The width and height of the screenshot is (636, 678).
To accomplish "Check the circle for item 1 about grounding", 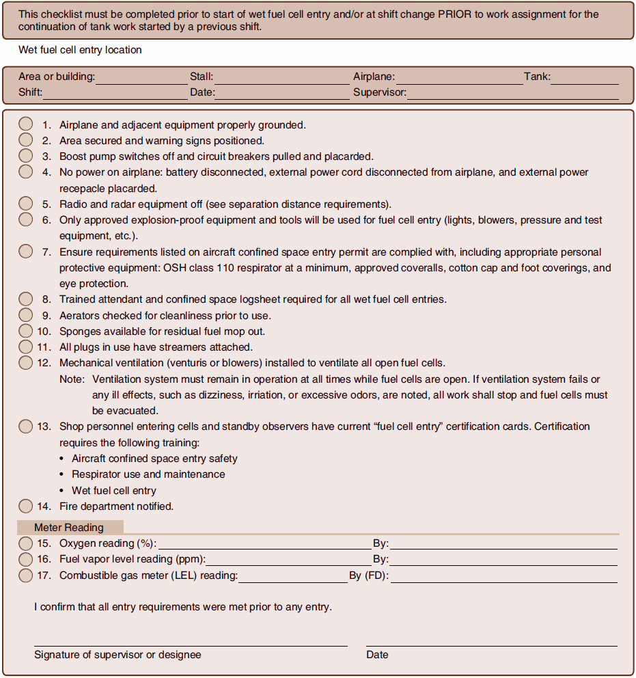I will (x=25, y=124).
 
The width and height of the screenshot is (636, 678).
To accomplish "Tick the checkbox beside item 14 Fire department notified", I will (x=25, y=506).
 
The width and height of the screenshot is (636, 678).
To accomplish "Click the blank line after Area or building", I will (x=141, y=79).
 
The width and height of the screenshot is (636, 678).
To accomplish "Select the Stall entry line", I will (x=281, y=79).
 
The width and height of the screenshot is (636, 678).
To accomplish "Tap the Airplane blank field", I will (x=458, y=79).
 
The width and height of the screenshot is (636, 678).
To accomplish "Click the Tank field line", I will (x=585, y=79).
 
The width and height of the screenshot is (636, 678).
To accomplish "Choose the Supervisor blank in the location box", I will (x=512, y=94).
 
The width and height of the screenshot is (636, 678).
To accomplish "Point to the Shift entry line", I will (x=115, y=94).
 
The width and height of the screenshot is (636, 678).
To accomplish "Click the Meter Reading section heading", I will (x=69, y=528).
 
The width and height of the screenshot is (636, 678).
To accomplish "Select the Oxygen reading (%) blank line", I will (x=264, y=545).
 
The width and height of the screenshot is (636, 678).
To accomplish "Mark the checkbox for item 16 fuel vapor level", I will (x=25, y=559).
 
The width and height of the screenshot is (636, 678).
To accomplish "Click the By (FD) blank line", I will (x=503, y=577).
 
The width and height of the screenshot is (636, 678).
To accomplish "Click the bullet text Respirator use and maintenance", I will (x=148, y=474).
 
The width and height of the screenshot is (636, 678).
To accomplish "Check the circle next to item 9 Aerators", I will (x=25, y=315).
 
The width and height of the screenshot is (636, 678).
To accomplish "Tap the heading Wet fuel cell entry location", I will (x=80, y=50).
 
